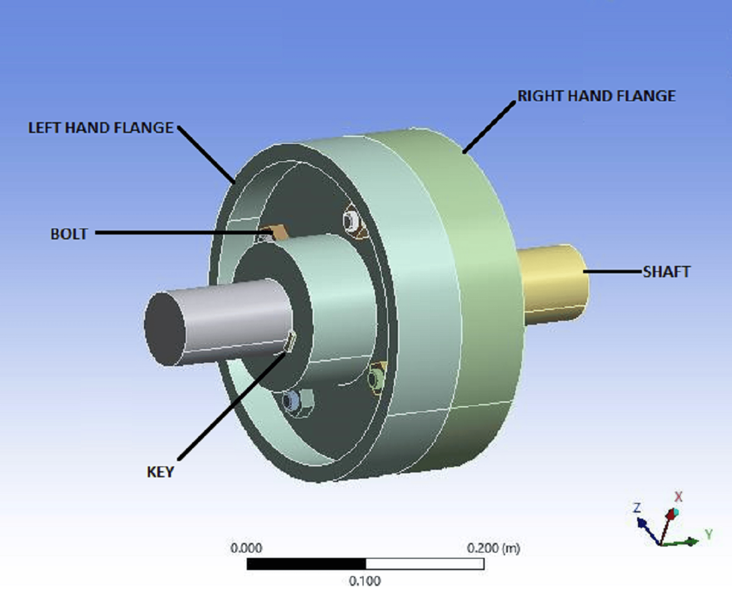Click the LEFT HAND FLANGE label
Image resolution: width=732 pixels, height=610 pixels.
coord(100,128)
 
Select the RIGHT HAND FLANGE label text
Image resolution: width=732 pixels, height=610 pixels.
coord(596,96)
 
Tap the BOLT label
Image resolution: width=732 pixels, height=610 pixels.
coord(69,234)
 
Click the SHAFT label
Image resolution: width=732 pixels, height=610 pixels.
coord(666,272)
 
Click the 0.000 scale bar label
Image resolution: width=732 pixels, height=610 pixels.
coord(246,548)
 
